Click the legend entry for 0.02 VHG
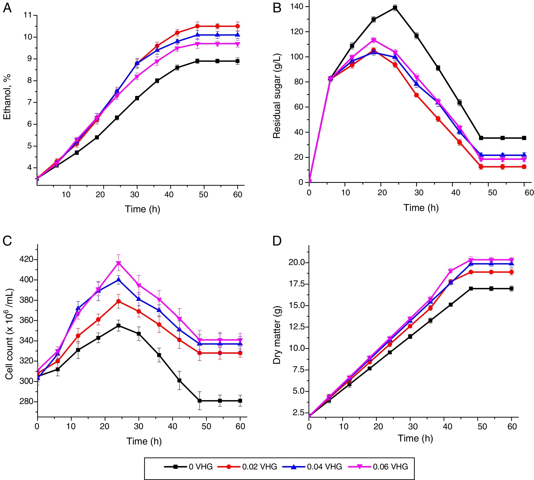pyautogui.click(x=260, y=467)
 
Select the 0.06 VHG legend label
pyautogui.click(x=390, y=467)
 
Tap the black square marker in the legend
pyautogui.click(x=175, y=467)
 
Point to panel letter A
pyautogui.click(x=7, y=8)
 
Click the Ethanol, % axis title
pyautogui.click(x=7, y=97)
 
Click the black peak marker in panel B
pyautogui.click(x=395, y=8)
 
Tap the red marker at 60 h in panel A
pyautogui.click(x=238, y=26)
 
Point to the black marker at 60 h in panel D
pyautogui.click(x=512, y=289)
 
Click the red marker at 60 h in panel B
pyautogui.click(x=524, y=167)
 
